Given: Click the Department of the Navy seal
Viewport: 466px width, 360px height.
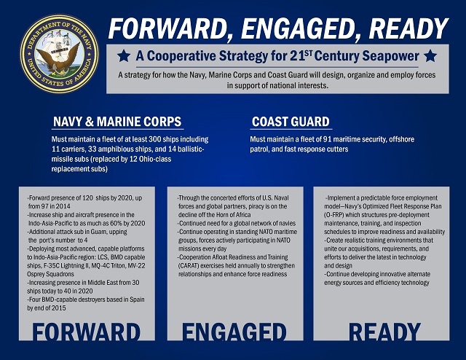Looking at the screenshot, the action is pos(60,54).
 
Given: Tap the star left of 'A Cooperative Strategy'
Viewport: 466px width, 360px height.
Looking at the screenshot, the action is pos(124,56).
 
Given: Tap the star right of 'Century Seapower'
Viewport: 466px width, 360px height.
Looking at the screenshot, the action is pos(430,56).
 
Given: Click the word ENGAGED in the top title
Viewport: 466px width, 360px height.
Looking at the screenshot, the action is pos(299,29).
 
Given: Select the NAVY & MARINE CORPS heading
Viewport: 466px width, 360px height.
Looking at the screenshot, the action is pos(117,122).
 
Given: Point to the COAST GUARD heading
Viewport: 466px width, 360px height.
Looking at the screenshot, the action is pos(291,122).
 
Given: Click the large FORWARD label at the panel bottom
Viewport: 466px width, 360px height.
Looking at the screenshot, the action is pos(86,332).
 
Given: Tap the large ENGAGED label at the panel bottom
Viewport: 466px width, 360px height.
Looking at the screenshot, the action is pos(234,332).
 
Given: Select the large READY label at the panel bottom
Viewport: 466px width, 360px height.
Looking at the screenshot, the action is pos(385,332).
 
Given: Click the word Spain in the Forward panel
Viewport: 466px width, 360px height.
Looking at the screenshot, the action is pos(137,300).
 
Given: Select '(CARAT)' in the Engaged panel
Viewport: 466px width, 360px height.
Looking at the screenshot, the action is pos(189,266).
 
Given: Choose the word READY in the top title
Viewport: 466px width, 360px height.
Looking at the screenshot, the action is pos(408,29).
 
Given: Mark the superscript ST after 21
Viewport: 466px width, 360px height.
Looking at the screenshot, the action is pos(309,52).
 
